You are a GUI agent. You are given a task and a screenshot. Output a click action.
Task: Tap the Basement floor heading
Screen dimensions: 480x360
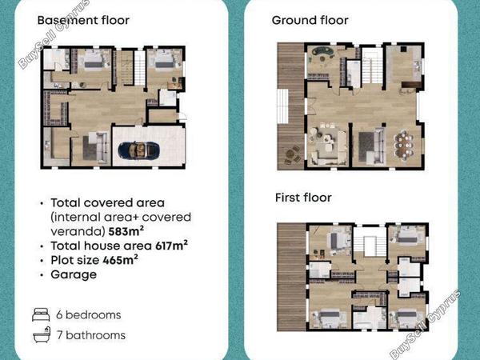tap(83, 21)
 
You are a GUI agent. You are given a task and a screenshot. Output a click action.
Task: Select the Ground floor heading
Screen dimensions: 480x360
tap(310, 21)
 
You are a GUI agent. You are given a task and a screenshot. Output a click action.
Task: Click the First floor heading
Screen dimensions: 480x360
tap(303, 198)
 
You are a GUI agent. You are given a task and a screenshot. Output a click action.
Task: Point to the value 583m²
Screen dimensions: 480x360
tap(126, 231)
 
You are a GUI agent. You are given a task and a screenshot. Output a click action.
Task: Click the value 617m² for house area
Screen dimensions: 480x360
tap(171, 246)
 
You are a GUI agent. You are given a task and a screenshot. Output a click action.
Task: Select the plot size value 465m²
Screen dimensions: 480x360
tap(120, 260)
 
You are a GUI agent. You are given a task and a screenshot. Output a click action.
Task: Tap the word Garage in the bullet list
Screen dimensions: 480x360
tap(74, 274)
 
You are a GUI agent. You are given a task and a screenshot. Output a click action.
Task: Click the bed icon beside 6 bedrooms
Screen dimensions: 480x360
tap(41, 314)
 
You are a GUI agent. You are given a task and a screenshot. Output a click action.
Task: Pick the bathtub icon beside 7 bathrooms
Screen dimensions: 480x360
tap(42, 334)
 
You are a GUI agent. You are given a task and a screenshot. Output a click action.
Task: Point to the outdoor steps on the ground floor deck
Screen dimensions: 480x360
tap(282, 106)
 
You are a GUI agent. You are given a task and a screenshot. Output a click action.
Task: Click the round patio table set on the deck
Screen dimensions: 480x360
tap(293, 154)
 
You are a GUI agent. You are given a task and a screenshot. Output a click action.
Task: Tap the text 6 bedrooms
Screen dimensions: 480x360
tap(89, 314)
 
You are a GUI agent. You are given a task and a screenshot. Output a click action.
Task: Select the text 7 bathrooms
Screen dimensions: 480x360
tap(91, 335)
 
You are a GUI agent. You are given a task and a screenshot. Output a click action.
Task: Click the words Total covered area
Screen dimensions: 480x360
tap(108, 202)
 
